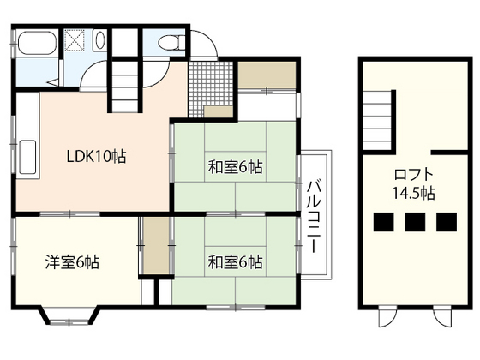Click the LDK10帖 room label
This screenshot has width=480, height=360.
96,156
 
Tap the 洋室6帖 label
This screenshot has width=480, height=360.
72,262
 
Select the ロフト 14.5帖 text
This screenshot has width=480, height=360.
414,183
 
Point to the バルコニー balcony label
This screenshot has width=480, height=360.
315,217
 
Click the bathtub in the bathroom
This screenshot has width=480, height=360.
38,43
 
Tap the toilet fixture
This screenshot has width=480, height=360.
172,42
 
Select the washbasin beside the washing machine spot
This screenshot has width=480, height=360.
99,40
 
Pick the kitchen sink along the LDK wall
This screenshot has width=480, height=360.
28,158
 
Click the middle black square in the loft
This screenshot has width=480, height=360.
415,222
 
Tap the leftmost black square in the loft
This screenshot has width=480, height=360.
384,222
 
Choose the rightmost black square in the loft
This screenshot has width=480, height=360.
447,222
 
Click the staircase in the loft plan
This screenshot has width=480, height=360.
377,120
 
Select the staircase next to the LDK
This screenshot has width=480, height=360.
124,87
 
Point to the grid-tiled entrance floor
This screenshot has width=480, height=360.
210,89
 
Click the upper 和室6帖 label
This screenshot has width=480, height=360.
235,167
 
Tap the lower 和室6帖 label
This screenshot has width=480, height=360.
235,262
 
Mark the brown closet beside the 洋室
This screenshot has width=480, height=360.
156,246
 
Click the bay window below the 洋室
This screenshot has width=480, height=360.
69,315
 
